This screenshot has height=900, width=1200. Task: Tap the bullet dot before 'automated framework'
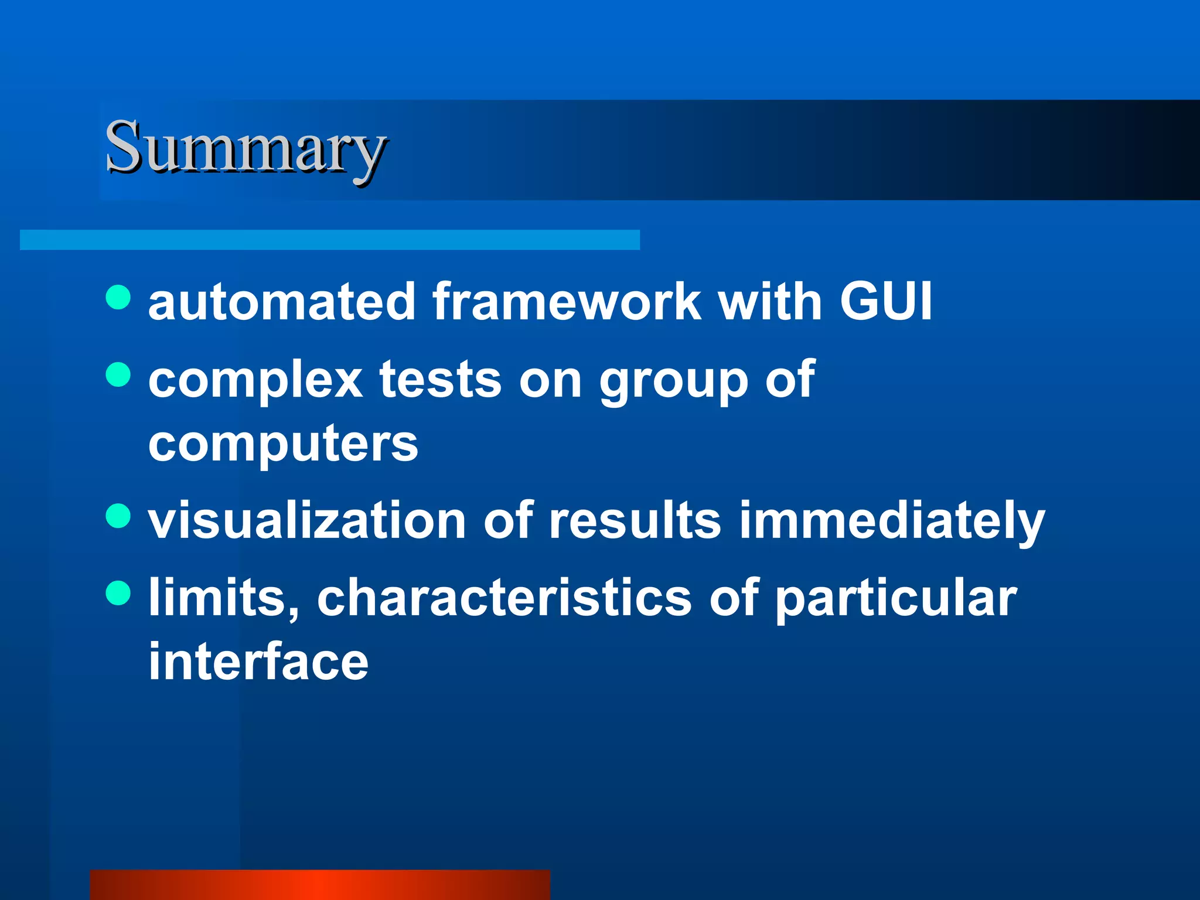[x=118, y=297]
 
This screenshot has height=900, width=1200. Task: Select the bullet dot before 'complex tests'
[x=118, y=375]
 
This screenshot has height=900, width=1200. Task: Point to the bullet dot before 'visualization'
[x=118, y=516]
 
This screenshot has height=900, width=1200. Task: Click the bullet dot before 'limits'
[x=118, y=593]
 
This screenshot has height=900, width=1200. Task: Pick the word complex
[x=255, y=381]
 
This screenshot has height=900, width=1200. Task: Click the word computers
[x=283, y=444]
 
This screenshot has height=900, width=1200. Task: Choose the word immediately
[x=892, y=521]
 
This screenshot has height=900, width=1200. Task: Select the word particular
[x=896, y=599]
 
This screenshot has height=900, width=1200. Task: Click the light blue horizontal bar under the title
[x=329, y=240]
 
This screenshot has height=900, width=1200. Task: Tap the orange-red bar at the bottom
[x=320, y=885]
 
